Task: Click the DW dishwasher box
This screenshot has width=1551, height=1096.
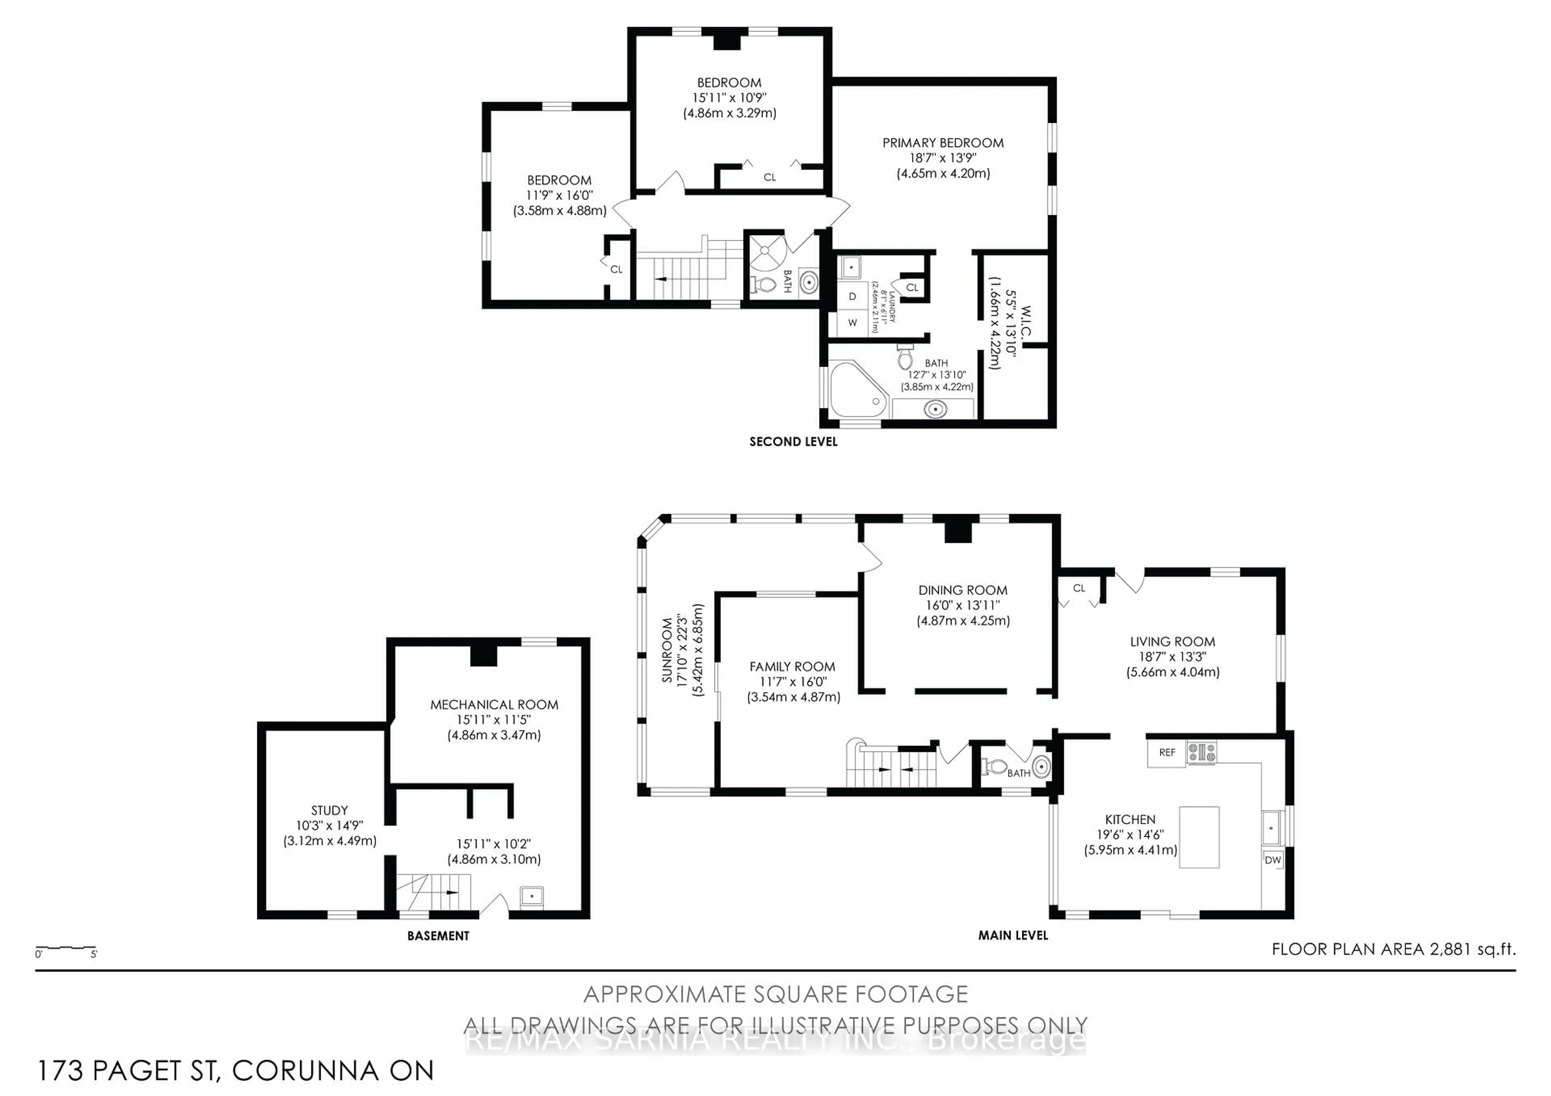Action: click(x=1273, y=860)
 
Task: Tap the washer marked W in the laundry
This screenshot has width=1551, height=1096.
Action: click(x=853, y=323)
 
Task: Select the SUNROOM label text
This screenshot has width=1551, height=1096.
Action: click(x=667, y=650)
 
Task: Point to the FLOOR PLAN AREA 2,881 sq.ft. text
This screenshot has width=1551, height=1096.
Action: click(x=1393, y=949)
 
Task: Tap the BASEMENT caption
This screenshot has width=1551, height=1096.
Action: click(x=438, y=936)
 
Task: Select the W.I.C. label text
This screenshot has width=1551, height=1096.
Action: click(x=1026, y=323)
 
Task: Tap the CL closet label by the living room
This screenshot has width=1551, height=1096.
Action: click(x=1079, y=588)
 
